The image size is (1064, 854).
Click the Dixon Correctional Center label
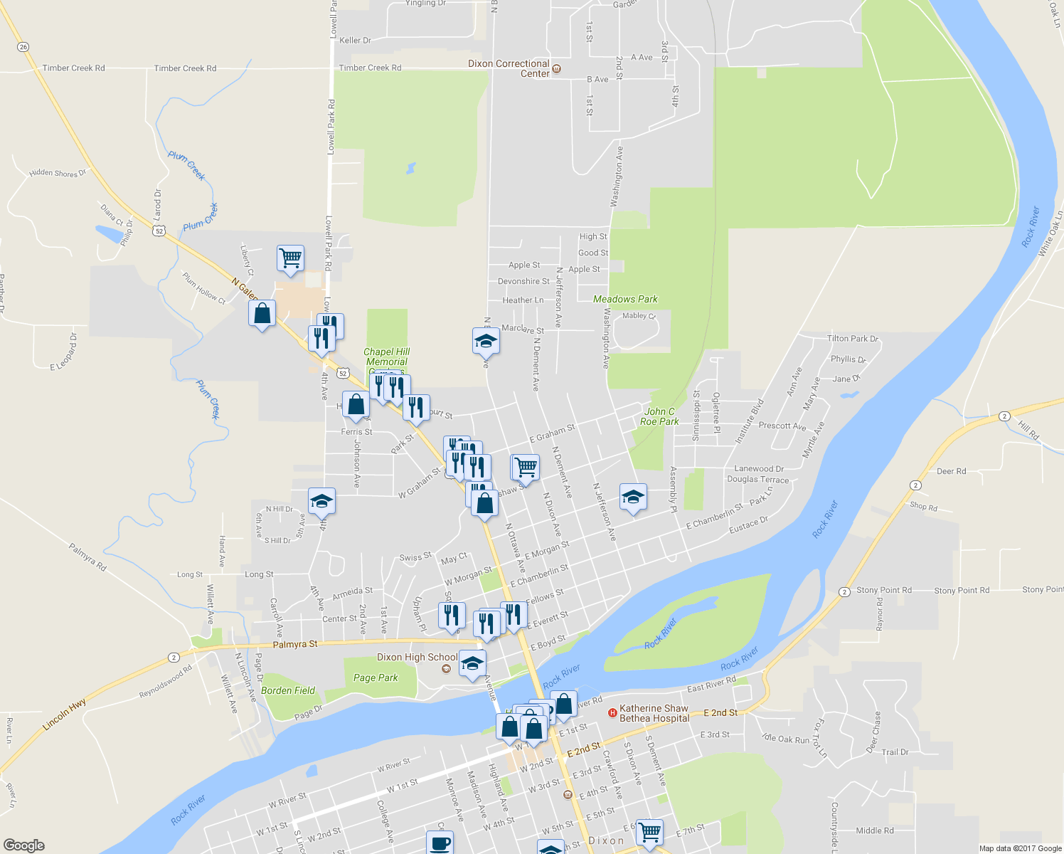509,68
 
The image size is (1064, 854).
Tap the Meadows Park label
625,299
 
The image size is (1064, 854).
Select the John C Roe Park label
659,416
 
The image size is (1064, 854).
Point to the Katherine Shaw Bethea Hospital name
654,713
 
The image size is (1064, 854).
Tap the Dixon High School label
417,657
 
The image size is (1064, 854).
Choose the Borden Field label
287,690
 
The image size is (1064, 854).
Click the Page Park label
376,678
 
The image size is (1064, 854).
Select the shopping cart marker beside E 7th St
649,831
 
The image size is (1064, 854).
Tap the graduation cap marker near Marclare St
486,341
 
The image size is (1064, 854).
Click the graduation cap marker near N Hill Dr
321,500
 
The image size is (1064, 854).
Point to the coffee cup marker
440,843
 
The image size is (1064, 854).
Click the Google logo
24,845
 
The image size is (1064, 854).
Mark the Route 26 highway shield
23,47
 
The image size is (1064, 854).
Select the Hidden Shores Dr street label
58,173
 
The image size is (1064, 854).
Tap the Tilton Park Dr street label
853,339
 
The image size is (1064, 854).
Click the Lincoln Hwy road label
64,715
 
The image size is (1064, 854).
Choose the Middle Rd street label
874,831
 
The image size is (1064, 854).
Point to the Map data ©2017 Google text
1020,848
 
